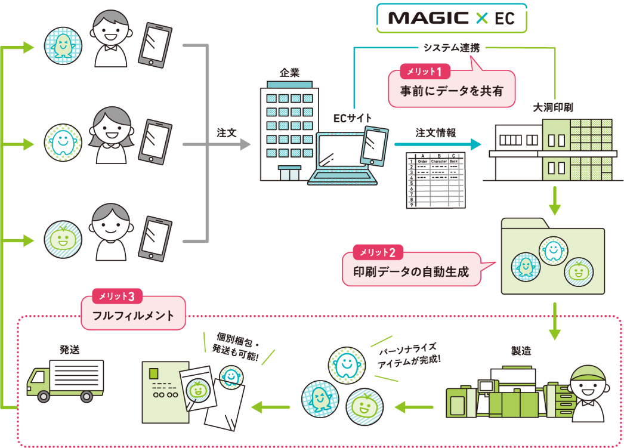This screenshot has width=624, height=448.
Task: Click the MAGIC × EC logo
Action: point(452,18)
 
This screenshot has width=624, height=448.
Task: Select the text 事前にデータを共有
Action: point(452,91)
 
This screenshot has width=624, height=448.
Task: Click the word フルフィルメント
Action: point(133,316)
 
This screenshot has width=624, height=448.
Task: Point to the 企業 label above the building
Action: point(289,73)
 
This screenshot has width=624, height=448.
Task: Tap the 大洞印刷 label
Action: point(553,107)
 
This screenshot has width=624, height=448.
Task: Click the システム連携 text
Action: point(452,48)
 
